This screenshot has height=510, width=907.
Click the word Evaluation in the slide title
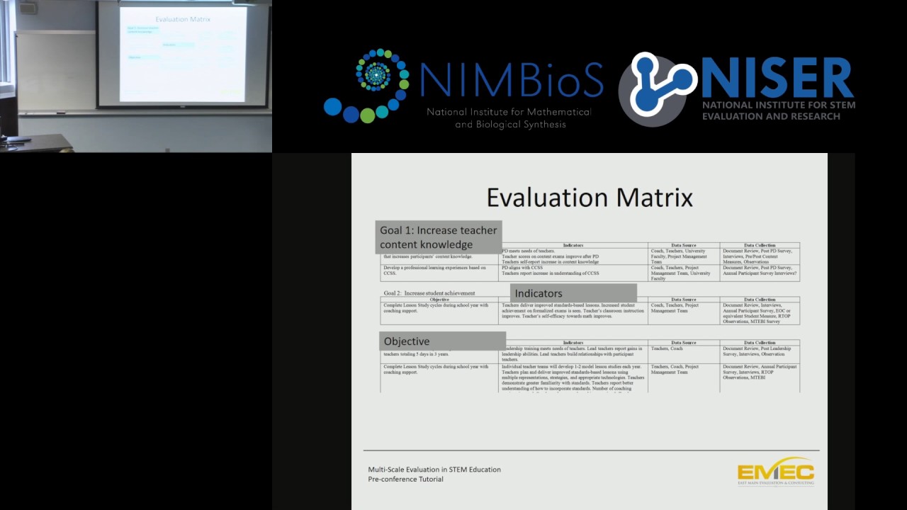click(540, 197)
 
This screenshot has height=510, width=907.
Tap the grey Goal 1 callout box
click(439, 237)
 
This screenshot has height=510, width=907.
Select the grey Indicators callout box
click(573, 293)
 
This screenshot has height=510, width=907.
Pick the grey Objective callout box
click(442, 341)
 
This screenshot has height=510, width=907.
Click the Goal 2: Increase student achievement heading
click(429, 293)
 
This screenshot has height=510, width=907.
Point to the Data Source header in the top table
click(683, 245)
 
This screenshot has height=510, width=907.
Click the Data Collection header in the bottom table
click(760, 343)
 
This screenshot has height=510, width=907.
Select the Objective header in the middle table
click(439, 300)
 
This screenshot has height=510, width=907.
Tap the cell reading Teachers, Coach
click(667, 348)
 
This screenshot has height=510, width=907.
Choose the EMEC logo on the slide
click(775, 472)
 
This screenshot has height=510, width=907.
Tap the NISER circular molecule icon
click(657, 88)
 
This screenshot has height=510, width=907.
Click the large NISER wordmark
click(777, 79)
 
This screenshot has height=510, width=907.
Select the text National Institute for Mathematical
click(509, 112)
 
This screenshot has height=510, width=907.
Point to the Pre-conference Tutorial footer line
click(405, 479)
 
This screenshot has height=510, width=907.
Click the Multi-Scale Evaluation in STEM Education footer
click(434, 469)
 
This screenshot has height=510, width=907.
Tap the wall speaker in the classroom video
click(28, 8)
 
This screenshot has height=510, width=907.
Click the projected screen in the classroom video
click(183, 54)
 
